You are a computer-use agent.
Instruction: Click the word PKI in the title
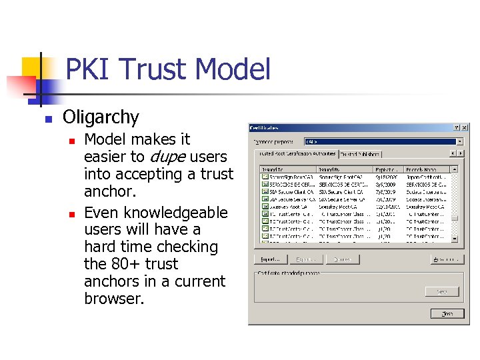point(87,69)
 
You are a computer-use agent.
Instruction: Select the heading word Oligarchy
point(101,117)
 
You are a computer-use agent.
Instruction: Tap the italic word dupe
point(167,157)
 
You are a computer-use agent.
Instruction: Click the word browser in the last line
point(114,299)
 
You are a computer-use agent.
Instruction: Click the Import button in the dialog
point(270,259)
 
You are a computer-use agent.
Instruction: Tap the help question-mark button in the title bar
point(457,127)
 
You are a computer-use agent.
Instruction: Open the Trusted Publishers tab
point(359,154)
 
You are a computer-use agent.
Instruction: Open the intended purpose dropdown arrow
point(459,141)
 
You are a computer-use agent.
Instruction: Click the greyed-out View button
point(441,291)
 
